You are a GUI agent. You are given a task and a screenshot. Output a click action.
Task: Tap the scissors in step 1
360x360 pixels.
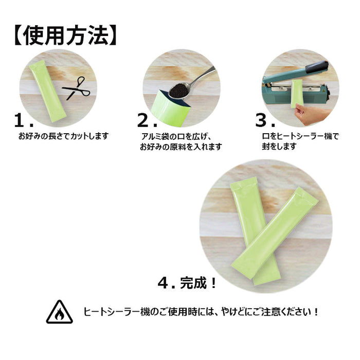[x=76, y=89]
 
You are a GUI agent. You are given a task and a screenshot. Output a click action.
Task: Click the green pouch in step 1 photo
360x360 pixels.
[x=47, y=91]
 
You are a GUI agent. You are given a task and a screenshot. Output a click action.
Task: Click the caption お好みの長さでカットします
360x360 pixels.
[x=63, y=136]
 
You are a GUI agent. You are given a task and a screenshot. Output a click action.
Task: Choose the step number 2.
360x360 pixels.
[x=148, y=120]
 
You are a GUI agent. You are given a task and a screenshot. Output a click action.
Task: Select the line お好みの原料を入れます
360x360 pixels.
[x=181, y=147]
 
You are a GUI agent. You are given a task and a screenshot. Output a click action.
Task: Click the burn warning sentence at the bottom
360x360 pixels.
[x=202, y=312]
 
